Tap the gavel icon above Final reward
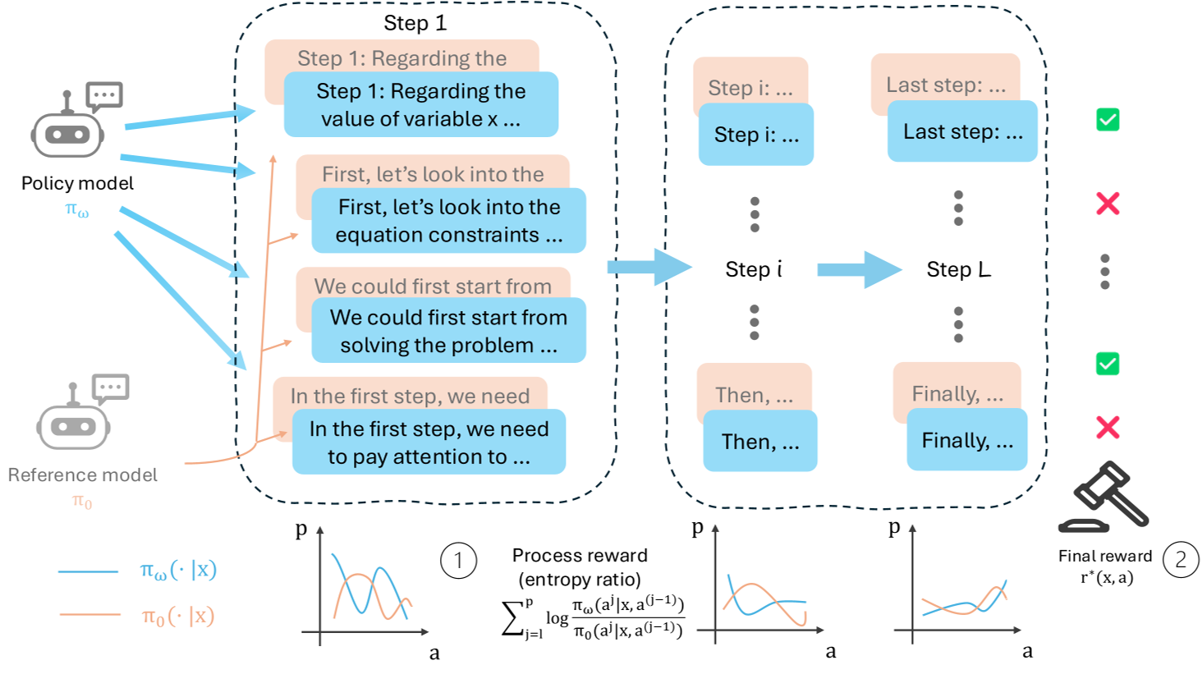point(1105,497)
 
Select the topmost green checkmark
point(1108,120)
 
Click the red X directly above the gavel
point(1108,427)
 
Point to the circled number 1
point(458,561)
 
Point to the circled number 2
point(1181,560)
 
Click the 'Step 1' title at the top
point(415,23)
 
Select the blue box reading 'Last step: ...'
point(962,131)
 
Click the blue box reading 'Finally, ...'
point(967,440)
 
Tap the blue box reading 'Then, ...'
point(759,442)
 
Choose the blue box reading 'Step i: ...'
point(756,135)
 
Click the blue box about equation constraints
point(448,221)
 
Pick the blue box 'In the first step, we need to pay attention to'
point(429,442)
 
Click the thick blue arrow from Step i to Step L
point(858,269)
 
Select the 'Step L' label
point(958,269)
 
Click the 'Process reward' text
point(580,556)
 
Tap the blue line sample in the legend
point(88,571)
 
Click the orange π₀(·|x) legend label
point(177,616)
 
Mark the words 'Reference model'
point(83,475)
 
